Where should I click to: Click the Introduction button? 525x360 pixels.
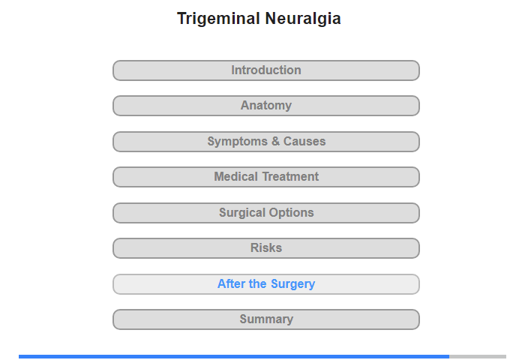pos(266,70)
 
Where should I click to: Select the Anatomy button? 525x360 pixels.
pos(266,106)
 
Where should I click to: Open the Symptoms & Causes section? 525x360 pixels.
pos(266,142)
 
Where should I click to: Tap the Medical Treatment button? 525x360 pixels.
pos(266,177)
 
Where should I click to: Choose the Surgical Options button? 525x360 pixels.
pos(266,213)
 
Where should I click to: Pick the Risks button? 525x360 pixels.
pos(266,248)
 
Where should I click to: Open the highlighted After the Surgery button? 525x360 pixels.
pos(266,284)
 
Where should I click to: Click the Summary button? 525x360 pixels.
pos(266,319)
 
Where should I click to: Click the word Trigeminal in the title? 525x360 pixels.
pos(219,19)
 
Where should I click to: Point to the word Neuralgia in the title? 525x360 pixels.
pos(303,19)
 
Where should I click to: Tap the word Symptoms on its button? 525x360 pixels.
pos(238,142)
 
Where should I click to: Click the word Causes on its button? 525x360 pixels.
pos(304,141)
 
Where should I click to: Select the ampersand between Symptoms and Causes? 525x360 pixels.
pos(275,141)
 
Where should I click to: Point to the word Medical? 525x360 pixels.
pos(235,176)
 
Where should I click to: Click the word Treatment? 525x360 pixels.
pos(290,176)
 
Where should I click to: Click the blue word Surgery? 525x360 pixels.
pos(292,284)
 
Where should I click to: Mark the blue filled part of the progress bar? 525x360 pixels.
pos(234,357)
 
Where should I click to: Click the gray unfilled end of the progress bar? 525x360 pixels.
pos(478,357)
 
